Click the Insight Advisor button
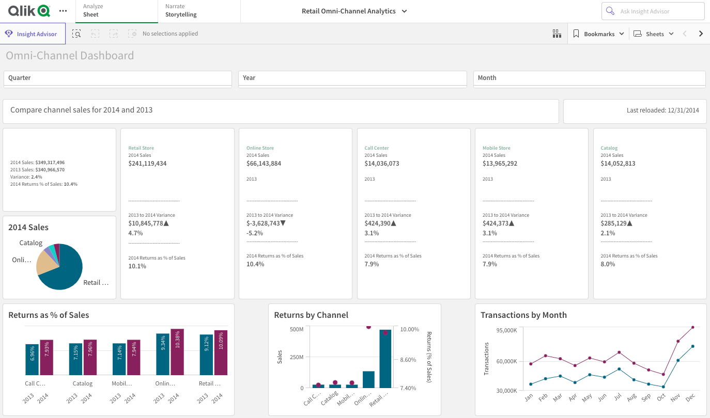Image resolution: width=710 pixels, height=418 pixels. pyautogui.click(x=33, y=34)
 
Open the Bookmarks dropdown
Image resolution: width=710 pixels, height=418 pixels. pyautogui.click(x=599, y=34)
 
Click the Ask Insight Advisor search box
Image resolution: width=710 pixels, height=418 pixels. pyautogui.click(x=653, y=11)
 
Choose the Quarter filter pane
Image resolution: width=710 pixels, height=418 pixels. pyautogui.click(x=117, y=78)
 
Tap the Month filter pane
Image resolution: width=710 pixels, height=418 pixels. pyautogui.click(x=589, y=78)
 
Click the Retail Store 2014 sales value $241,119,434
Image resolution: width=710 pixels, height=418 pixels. pyautogui.click(x=147, y=164)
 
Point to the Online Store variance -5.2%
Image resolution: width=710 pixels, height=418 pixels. pyautogui.click(x=255, y=233)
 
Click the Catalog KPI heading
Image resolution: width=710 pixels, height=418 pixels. pyautogui.click(x=609, y=148)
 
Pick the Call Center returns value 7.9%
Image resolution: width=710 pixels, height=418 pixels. pyautogui.click(x=372, y=264)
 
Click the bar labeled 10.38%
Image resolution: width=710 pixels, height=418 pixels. pyautogui.click(x=177, y=352)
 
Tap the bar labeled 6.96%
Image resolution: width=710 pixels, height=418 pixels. pyautogui.click(x=32, y=360)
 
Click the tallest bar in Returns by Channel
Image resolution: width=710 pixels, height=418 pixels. pyautogui.click(x=385, y=359)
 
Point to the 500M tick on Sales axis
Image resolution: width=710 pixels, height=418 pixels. pyautogui.click(x=297, y=329)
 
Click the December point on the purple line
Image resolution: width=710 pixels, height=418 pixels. pyautogui.click(x=692, y=327)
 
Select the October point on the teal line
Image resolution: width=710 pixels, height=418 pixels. pyautogui.click(x=663, y=387)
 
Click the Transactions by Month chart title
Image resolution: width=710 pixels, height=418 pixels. pyautogui.click(x=523, y=315)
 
